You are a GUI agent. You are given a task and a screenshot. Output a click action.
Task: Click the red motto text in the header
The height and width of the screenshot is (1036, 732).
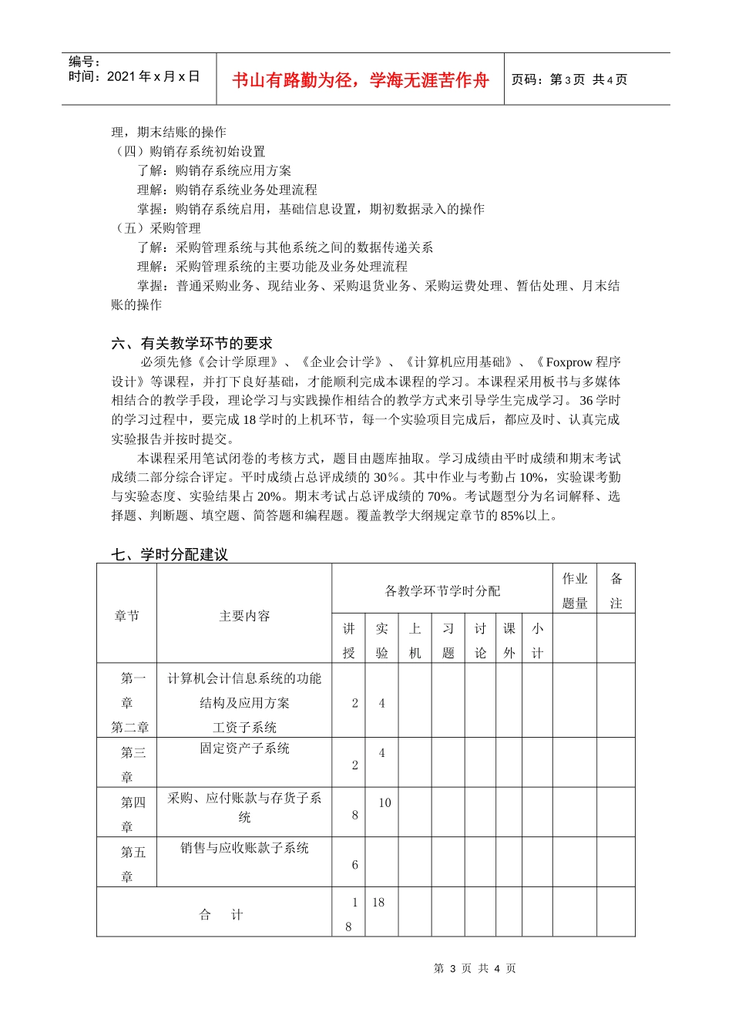tap(360, 80)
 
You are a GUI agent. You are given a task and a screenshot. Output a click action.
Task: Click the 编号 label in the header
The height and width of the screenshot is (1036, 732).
tap(84, 62)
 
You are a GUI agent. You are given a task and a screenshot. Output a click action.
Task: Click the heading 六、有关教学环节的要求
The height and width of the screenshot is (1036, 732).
tap(192, 344)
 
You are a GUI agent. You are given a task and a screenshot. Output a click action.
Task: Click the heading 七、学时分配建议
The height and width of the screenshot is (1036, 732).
tap(170, 554)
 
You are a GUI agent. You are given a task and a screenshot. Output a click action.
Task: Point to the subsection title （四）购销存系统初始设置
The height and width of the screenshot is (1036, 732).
tap(189, 151)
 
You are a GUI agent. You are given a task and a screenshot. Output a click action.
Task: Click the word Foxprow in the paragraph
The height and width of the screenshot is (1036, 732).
tap(569, 362)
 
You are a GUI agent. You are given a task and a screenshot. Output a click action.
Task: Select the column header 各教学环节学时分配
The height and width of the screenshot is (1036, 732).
tap(442, 590)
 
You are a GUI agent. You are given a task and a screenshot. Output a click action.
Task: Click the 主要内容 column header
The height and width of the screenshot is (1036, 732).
tap(244, 616)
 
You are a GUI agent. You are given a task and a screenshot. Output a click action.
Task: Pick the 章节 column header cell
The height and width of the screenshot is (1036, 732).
tap(126, 616)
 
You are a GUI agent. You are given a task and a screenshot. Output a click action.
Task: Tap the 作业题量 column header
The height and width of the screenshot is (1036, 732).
tap(575, 590)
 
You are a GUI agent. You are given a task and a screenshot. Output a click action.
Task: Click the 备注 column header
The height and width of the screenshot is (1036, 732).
tap(616, 590)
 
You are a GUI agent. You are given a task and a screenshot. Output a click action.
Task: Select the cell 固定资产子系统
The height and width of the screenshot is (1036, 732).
tap(244, 748)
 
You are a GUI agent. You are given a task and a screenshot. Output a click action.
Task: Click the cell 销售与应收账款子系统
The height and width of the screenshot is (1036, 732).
tap(244, 848)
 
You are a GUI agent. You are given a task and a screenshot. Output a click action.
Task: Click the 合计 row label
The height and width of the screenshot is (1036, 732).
tap(220, 915)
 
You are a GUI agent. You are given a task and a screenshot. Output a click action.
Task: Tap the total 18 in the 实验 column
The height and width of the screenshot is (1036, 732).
tap(378, 902)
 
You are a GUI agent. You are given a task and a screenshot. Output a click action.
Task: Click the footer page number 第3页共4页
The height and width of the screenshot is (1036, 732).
tap(475, 968)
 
